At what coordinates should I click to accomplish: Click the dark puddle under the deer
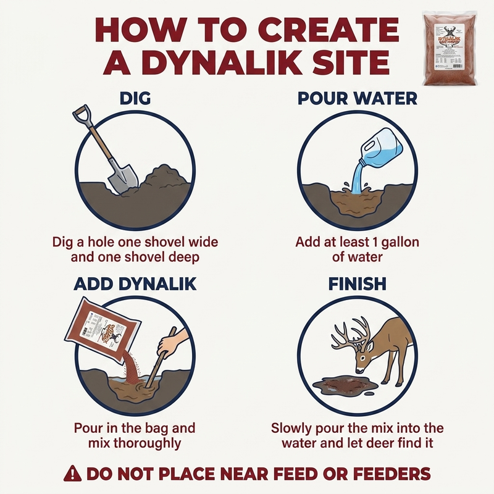(342, 385)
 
